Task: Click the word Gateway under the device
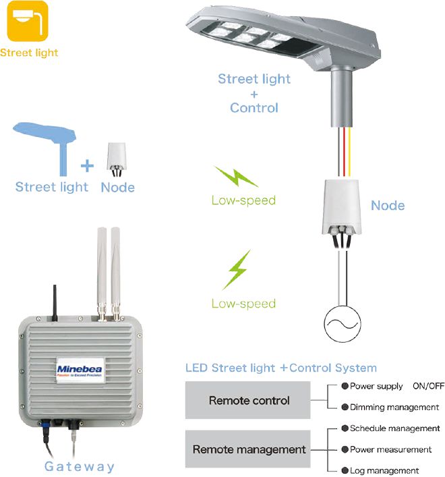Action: (80, 466)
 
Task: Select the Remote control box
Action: (249, 400)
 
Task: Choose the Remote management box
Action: (249, 449)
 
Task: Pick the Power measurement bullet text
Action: (390, 449)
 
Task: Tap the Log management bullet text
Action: (384, 470)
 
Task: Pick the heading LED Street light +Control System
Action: (280, 368)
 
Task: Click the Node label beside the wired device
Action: (388, 205)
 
